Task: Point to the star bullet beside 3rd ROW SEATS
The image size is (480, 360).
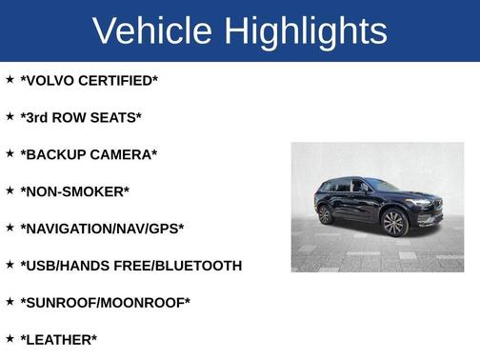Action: pyautogui.click(x=10, y=116)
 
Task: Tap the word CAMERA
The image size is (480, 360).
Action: pyautogui.click(x=126, y=154)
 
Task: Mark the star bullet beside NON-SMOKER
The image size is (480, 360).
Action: pyautogui.click(x=10, y=190)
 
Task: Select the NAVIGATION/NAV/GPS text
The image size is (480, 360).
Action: pyautogui.click(x=102, y=229)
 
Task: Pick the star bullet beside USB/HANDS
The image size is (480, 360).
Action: pyautogui.click(x=10, y=265)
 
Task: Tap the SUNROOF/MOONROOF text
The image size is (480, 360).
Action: pyautogui.click(x=105, y=303)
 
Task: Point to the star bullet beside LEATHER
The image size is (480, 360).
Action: pyautogui.click(x=10, y=339)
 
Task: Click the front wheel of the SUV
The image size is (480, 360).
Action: pyautogui.click(x=393, y=223)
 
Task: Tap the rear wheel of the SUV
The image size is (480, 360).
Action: pyautogui.click(x=327, y=214)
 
